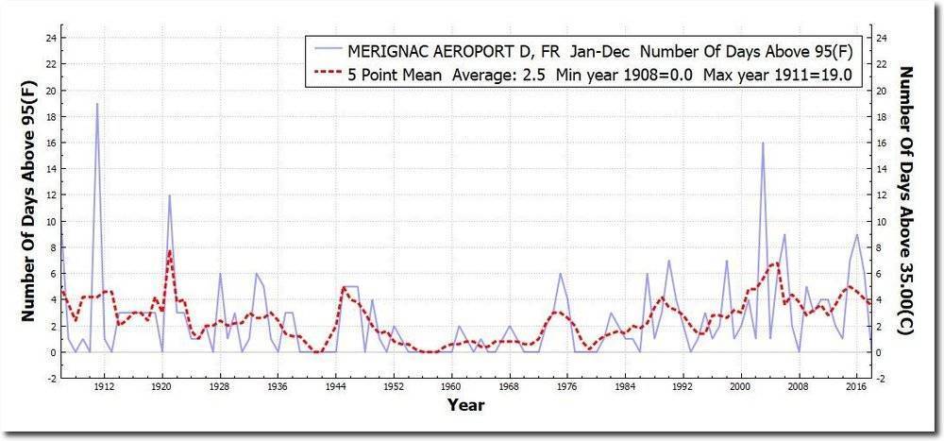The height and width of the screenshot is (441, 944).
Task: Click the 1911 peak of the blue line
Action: (96, 104)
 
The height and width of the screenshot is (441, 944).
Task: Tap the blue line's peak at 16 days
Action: (762, 143)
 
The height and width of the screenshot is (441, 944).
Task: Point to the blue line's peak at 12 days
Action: (169, 195)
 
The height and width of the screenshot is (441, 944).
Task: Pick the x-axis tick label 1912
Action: (104, 386)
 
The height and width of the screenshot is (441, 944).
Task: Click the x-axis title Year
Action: (466, 406)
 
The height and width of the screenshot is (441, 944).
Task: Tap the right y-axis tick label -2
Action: (881, 379)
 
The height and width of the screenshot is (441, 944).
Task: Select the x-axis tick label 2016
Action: (856, 386)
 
